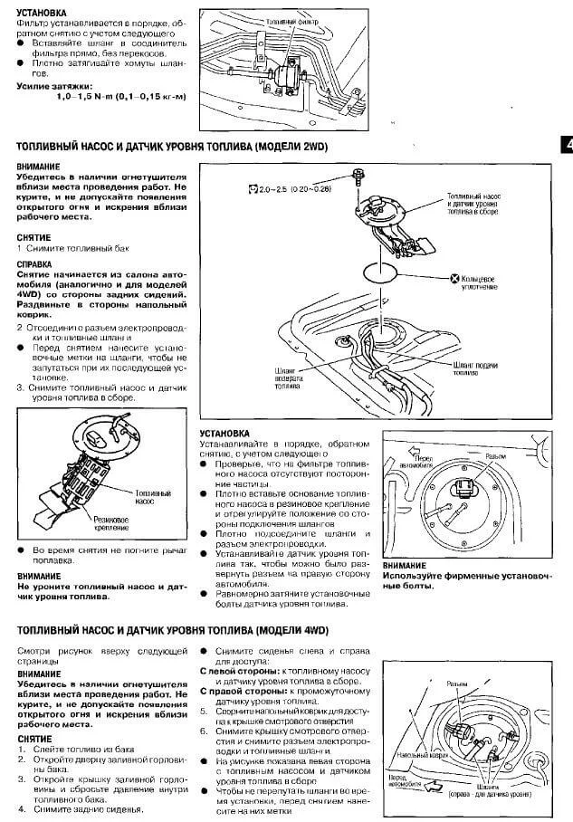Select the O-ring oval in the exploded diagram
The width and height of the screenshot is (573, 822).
pos(381,270)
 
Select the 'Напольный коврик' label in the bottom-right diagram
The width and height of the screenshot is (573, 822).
pos(411,753)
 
